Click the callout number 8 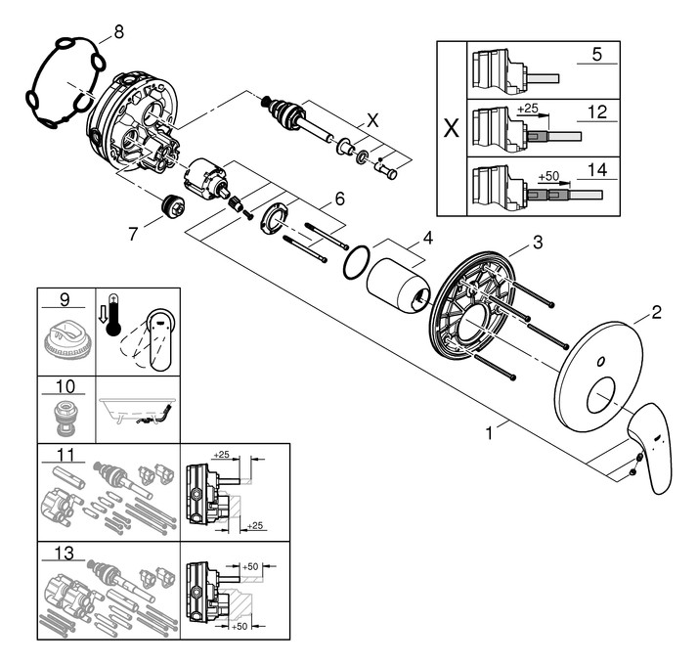pos(118,31)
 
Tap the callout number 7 pos(134,234)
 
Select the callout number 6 pos(338,198)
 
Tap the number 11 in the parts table pos(65,456)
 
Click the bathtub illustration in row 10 pos(137,411)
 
